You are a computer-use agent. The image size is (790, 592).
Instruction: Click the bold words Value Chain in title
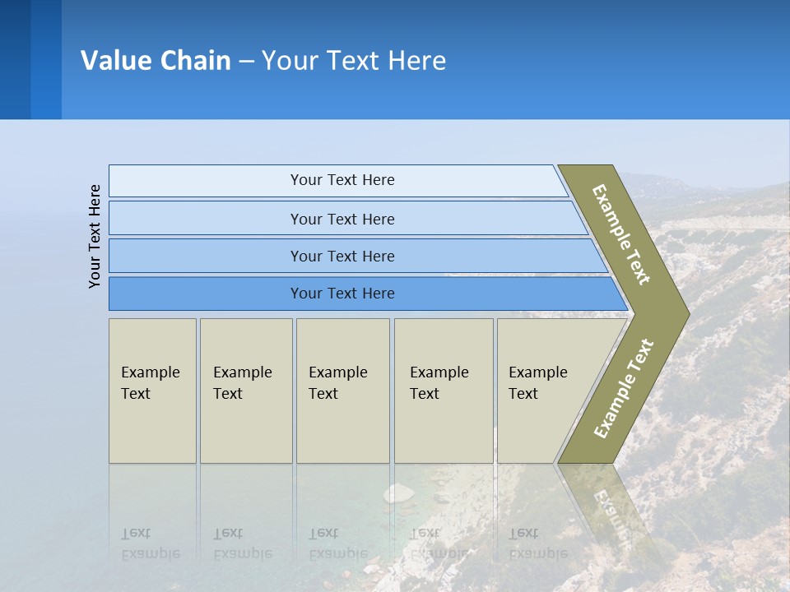pyautogui.click(x=156, y=61)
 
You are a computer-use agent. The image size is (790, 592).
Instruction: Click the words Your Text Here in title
pyautogui.click(x=354, y=61)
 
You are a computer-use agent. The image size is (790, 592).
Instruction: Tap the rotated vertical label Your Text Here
pyautogui.click(x=95, y=236)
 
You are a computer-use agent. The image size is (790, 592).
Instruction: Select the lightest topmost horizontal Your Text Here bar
pyautogui.click(x=342, y=180)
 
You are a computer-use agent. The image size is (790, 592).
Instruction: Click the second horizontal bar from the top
pyautogui.click(x=342, y=219)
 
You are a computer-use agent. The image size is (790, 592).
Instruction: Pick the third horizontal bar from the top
pyautogui.click(x=342, y=256)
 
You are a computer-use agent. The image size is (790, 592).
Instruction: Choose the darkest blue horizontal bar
pyautogui.click(x=342, y=294)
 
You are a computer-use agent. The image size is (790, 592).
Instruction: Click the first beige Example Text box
pyautogui.click(x=152, y=391)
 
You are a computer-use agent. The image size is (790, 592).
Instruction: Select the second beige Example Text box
pyautogui.click(x=245, y=391)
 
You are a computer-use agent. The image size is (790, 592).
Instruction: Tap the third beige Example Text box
pyautogui.click(x=342, y=391)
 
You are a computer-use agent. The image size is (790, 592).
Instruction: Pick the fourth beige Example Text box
pyautogui.click(x=443, y=391)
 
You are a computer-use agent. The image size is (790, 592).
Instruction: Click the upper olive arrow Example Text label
pyautogui.click(x=621, y=234)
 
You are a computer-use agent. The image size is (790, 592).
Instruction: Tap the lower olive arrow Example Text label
pyautogui.click(x=624, y=388)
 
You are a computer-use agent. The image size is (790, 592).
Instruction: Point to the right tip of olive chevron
pyautogui.click(x=686, y=313)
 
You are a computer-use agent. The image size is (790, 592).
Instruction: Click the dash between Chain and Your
pyautogui.click(x=246, y=62)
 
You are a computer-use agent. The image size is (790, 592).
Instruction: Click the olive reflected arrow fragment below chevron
pyautogui.click(x=605, y=502)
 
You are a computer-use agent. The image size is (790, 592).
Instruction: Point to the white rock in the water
pyautogui.click(x=399, y=493)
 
